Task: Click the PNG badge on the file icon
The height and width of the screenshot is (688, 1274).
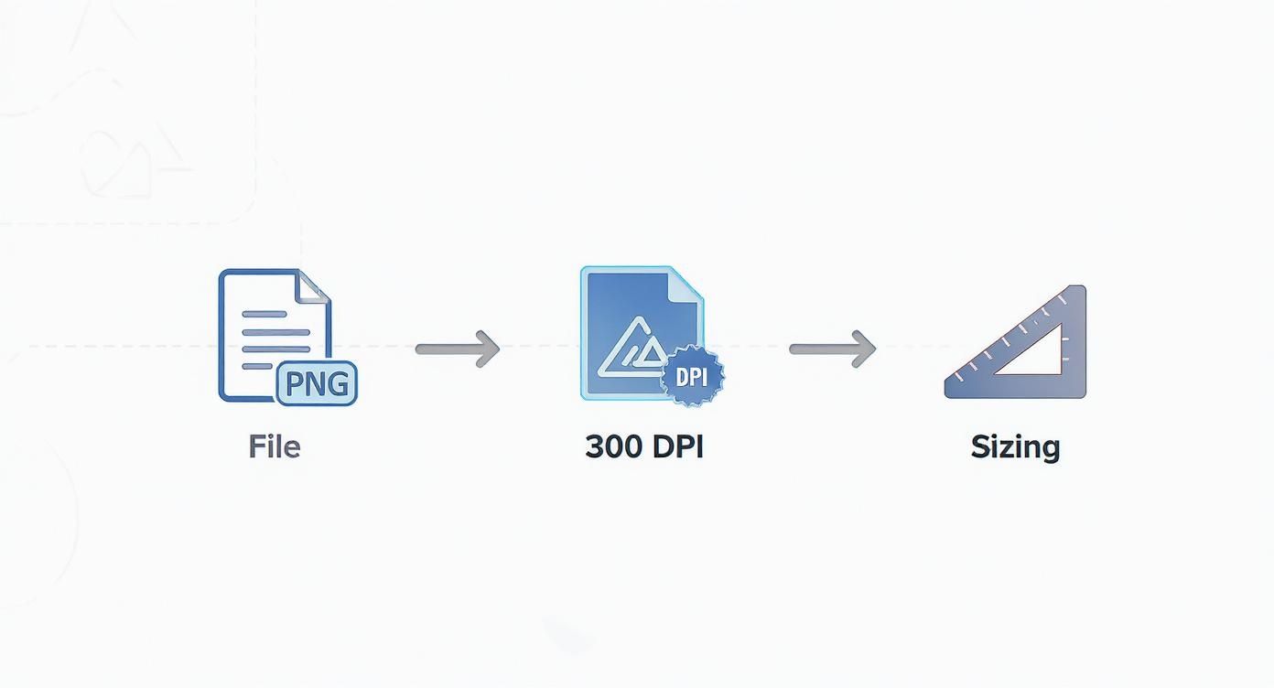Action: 317,383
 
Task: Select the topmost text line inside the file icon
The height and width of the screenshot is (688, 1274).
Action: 265,314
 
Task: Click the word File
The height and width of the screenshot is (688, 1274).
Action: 274,446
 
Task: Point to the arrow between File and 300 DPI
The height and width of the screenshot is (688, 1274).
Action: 458,349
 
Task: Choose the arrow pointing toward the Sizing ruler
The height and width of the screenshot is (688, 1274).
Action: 832,349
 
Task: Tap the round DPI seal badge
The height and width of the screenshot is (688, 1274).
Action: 693,376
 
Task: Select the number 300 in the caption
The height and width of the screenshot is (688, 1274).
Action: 613,446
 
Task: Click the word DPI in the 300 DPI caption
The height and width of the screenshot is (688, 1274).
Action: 678,446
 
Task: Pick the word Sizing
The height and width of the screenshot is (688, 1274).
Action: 1015,446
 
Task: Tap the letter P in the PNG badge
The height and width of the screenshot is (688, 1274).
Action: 295,383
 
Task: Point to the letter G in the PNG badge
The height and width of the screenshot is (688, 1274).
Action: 338,383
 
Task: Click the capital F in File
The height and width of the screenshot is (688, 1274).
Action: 256,446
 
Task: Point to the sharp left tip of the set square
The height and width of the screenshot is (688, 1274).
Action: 947,391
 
